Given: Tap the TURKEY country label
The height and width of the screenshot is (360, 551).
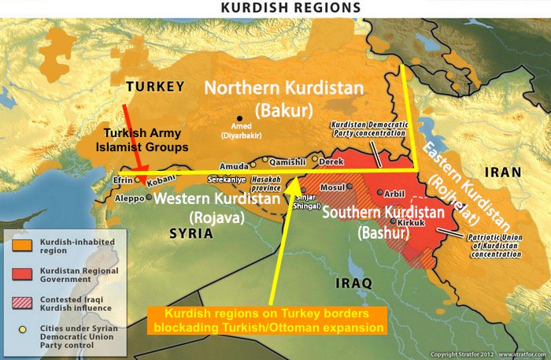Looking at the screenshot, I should coord(155,86).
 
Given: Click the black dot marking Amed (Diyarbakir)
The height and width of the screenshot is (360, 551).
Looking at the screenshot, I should coord(239,117).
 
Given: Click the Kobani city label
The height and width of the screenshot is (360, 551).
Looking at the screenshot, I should coord(157,180).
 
